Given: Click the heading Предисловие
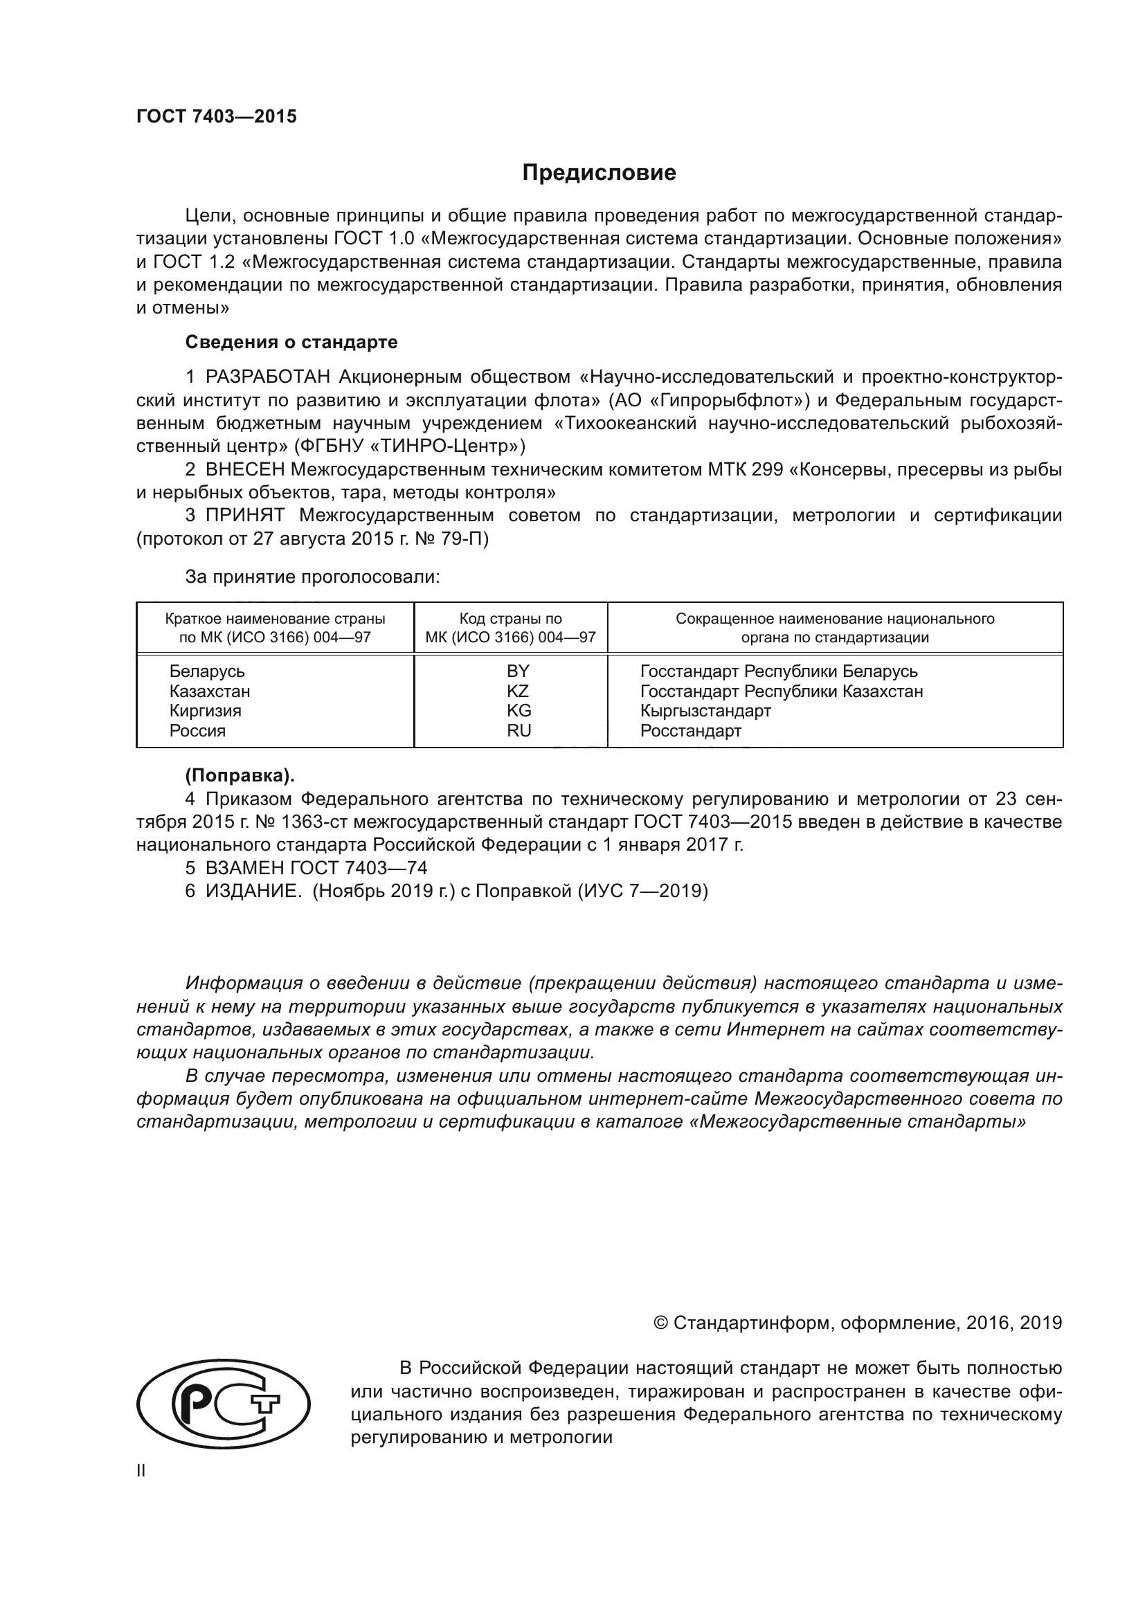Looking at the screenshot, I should coord(599,173).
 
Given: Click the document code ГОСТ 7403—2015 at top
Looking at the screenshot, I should coord(217,117).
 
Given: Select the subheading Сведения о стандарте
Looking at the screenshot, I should coord(291,343).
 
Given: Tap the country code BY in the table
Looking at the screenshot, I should coord(519,671).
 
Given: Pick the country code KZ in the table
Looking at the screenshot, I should coord(519,691).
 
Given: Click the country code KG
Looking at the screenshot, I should coord(519,711).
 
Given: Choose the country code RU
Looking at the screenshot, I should coord(519,730).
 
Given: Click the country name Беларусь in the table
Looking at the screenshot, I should coord(207,671).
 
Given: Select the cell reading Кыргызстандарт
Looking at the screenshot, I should coord(705,711).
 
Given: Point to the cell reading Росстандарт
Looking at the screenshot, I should coord(690,730).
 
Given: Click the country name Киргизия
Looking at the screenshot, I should coord(205,711).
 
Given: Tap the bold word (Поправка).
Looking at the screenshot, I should coord(240,776).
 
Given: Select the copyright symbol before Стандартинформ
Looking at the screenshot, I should coord(660,1323).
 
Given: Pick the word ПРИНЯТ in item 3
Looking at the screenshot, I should coord(244,516).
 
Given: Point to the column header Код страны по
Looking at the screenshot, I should coord(510,619).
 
